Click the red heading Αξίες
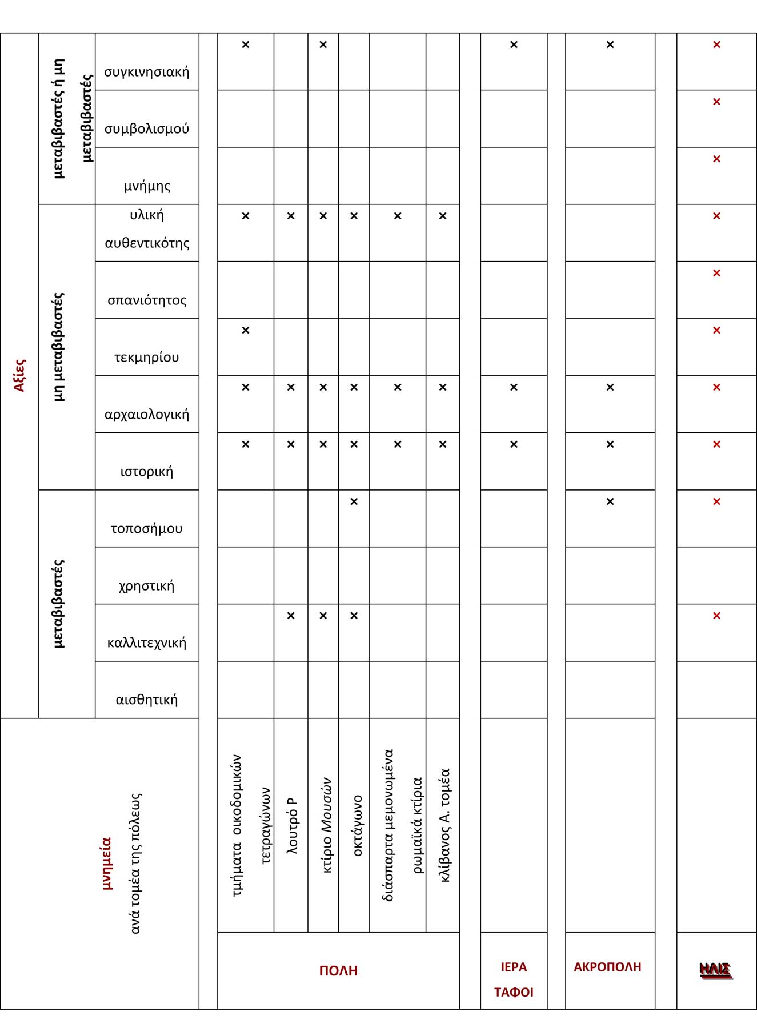coord(19,375)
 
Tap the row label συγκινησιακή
coord(146,72)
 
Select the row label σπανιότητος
coord(146,300)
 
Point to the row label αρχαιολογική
coord(146,415)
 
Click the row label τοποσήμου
coord(146,529)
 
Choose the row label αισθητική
coord(146,700)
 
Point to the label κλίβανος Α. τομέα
coord(445,825)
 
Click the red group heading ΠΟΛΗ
coord(338,971)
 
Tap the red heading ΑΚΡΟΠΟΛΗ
coord(607,967)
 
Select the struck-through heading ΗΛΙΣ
coord(715,970)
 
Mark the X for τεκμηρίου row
coord(246,330)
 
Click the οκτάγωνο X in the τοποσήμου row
coord(354,501)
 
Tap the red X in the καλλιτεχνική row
coord(716,616)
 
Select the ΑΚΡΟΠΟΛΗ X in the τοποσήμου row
coord(610,501)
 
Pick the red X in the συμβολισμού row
coord(716,102)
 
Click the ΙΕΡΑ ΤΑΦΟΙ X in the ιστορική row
coord(514,444)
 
